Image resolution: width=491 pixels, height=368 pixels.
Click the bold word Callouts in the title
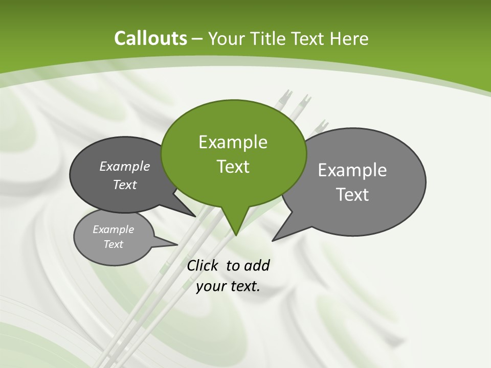pyautogui.click(x=150, y=38)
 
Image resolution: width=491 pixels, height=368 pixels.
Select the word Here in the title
pyautogui.click(x=350, y=38)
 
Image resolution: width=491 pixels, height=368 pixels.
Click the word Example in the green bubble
pyautogui.click(x=233, y=142)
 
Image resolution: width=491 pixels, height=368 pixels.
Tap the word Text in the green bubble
pyautogui.click(x=233, y=167)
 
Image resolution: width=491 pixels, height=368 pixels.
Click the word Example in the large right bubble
pyautogui.click(x=352, y=170)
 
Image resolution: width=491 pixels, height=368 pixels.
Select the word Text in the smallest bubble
pyautogui.click(x=114, y=244)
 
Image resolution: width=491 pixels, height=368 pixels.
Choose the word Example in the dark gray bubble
pyautogui.click(x=125, y=167)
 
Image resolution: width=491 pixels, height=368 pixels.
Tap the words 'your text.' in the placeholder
pyautogui.click(x=228, y=286)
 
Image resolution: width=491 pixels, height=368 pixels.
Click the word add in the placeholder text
pyautogui.click(x=256, y=265)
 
